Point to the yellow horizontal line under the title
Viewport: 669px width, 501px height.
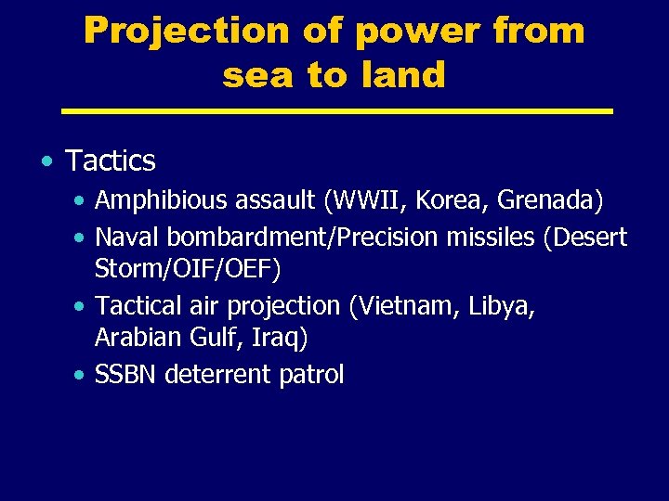point(336,111)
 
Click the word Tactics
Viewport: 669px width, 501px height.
point(111,161)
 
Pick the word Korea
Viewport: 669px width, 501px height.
point(458,200)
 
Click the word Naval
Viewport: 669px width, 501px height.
point(125,237)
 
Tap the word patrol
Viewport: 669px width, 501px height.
point(313,375)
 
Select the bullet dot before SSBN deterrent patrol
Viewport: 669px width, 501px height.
point(81,376)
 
